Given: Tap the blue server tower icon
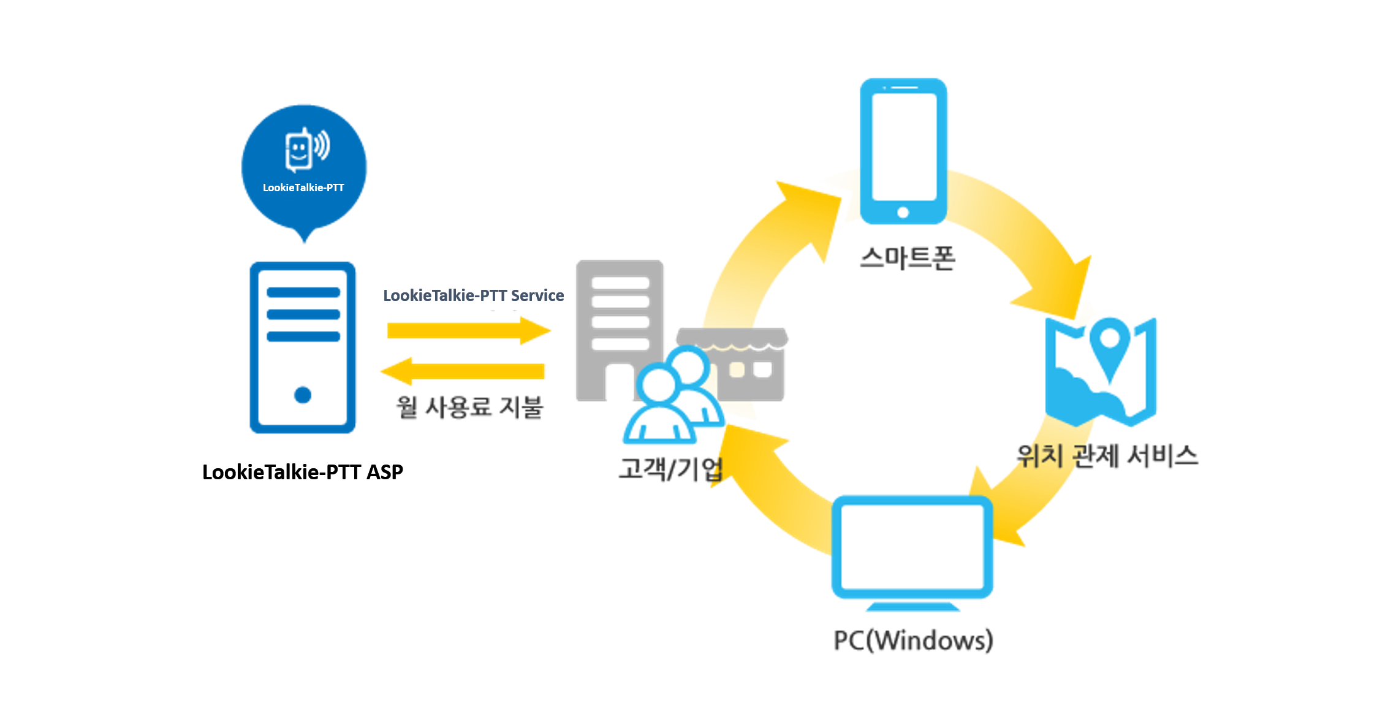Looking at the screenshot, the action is coord(303,348).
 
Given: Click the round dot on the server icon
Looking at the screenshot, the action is coord(303,395).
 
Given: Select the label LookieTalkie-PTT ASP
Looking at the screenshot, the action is coord(303,472).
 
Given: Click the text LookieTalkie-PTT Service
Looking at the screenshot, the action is coord(473,295).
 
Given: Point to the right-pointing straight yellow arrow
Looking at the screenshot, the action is coord(469,331).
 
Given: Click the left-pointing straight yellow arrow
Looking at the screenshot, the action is coord(463,371).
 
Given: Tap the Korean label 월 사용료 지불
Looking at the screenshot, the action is coord(469,407).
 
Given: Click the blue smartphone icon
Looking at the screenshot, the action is coord(903,151).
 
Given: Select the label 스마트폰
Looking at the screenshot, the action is coord(908,258).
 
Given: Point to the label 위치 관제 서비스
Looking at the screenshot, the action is coord(1107,455).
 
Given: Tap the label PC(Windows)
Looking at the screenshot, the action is coord(913,640).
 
